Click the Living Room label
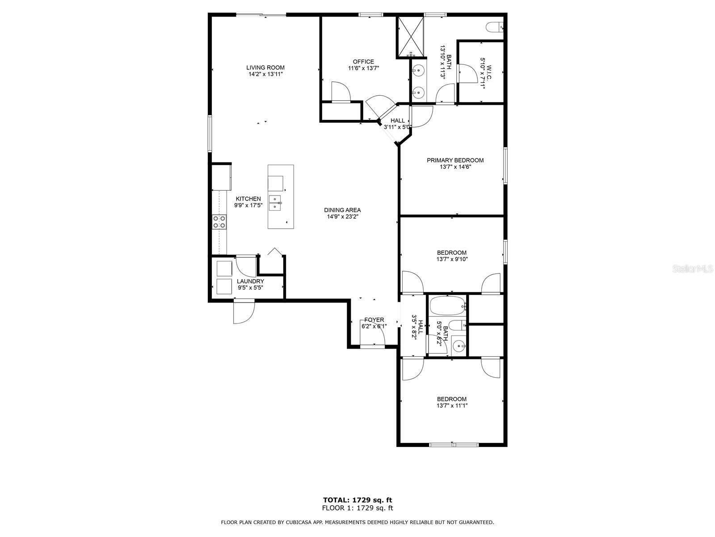pyautogui.click(x=265, y=68)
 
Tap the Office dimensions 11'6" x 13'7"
pyautogui.click(x=363, y=68)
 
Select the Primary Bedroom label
pyautogui.click(x=455, y=160)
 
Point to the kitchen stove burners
pyautogui.click(x=219, y=222)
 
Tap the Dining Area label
pyautogui.click(x=342, y=210)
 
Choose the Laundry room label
pyautogui.click(x=250, y=281)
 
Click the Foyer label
pyautogui.click(x=374, y=320)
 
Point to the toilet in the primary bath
pyautogui.click(x=495, y=27)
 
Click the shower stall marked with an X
pyautogui.click(x=411, y=37)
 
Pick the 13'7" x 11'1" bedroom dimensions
pyautogui.click(x=452, y=406)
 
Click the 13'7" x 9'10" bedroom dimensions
pyautogui.click(x=452, y=260)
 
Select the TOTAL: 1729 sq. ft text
pyautogui.click(x=357, y=500)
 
